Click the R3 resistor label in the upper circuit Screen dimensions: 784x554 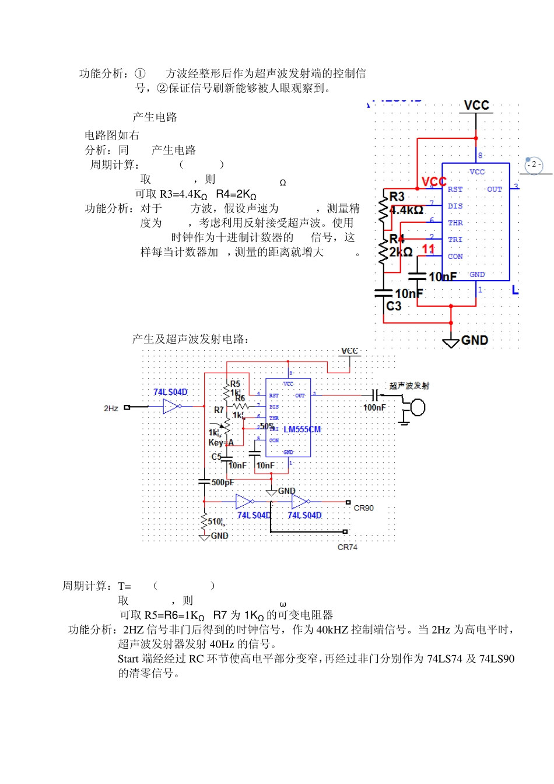coord(397,197)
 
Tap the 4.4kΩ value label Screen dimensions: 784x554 coord(406,210)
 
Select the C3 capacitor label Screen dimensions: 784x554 coord(394,306)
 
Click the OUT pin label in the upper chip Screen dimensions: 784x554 coord(494,190)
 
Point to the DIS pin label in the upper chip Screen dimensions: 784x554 coord(455,206)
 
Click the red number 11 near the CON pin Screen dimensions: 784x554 coord(428,249)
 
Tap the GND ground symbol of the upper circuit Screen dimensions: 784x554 coord(451,341)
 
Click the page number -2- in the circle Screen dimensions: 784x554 coord(534,165)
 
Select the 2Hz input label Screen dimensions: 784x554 coord(111,408)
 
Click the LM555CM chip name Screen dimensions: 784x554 coord(302,429)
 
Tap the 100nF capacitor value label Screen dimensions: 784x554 coord(374,408)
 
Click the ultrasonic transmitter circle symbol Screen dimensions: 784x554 coord(418,407)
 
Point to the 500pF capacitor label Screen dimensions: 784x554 coord(222,482)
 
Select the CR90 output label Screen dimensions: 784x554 coord(363,508)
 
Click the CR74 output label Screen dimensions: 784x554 coord(347,547)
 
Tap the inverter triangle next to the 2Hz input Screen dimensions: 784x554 coord(171,407)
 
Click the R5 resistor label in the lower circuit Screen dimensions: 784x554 coord(235,384)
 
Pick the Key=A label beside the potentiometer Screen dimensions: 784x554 coord(221,443)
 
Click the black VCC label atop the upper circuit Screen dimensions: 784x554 coord(476,105)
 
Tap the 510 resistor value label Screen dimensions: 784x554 coord(215,521)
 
